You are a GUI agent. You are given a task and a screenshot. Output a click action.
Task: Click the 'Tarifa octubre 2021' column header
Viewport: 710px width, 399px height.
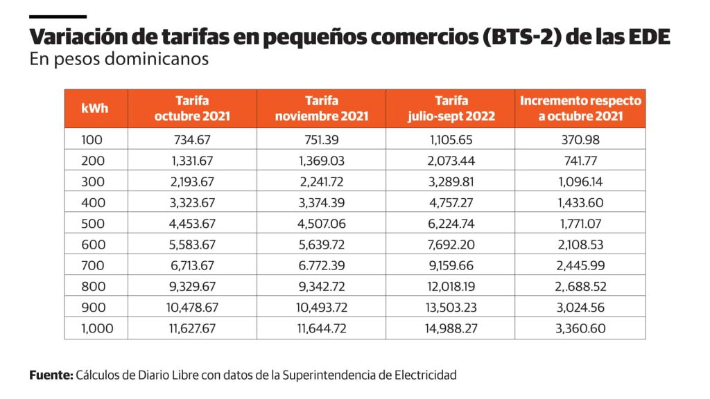(191, 109)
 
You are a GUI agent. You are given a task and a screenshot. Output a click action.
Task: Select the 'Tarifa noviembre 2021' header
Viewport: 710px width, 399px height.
(321, 109)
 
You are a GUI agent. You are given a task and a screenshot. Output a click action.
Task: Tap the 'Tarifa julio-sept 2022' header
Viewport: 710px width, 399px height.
(451, 109)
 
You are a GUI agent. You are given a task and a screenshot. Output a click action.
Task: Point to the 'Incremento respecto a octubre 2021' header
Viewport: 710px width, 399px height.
(580, 109)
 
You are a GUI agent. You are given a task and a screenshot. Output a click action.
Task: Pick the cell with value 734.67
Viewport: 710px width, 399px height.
(191, 140)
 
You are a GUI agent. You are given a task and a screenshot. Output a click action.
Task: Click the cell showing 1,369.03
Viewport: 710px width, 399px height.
(321, 161)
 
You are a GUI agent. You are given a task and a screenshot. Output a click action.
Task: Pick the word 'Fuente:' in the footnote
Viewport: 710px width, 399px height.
(51, 375)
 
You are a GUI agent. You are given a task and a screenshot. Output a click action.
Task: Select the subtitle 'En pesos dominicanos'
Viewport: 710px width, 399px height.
(119, 59)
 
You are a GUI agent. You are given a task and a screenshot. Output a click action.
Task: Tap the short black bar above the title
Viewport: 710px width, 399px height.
(58, 16)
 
